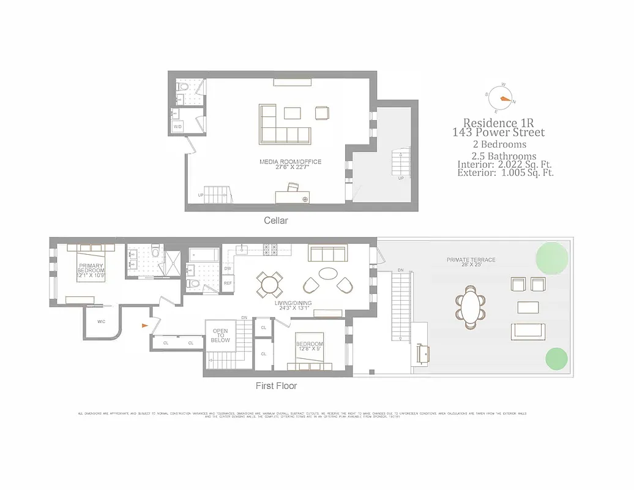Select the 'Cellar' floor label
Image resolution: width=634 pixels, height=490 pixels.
pyautogui.click(x=275, y=221)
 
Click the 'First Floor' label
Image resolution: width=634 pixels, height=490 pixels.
pyautogui.click(x=276, y=386)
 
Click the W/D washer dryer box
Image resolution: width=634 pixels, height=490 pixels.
pyautogui.click(x=178, y=127)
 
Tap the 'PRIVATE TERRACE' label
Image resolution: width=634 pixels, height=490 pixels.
pyautogui.click(x=471, y=260)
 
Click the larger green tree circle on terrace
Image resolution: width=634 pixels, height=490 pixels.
pyautogui.click(x=551, y=257)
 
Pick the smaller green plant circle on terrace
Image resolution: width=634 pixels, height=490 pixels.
pyautogui.click(x=556, y=359)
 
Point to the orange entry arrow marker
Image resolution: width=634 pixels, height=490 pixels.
pyautogui.click(x=144, y=326)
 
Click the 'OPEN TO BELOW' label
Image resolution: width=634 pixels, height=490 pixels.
pyautogui.click(x=220, y=335)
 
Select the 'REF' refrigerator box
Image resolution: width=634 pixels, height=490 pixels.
pyautogui.click(x=228, y=283)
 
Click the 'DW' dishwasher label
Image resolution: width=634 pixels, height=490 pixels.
pyautogui.click(x=228, y=268)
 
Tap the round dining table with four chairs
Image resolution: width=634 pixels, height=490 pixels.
pyautogui.click(x=269, y=283)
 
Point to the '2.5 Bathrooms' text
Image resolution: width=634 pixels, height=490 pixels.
pyautogui.click(x=499, y=156)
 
